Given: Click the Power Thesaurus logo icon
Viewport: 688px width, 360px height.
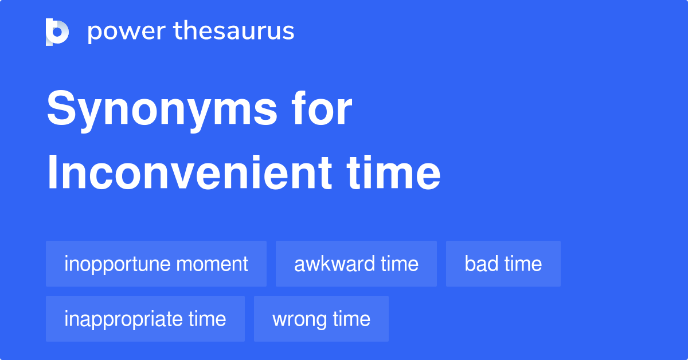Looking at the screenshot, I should (x=57, y=32).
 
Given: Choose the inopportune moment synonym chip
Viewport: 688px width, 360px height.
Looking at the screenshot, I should (x=156, y=264).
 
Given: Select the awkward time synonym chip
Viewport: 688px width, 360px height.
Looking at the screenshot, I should (x=356, y=264).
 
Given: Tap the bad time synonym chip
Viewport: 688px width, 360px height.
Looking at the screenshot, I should (x=503, y=264).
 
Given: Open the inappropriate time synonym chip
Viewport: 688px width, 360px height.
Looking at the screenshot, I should (x=145, y=319).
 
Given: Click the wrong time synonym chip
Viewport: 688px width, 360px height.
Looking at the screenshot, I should (x=321, y=319).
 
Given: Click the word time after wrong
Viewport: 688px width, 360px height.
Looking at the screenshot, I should (x=351, y=319).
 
